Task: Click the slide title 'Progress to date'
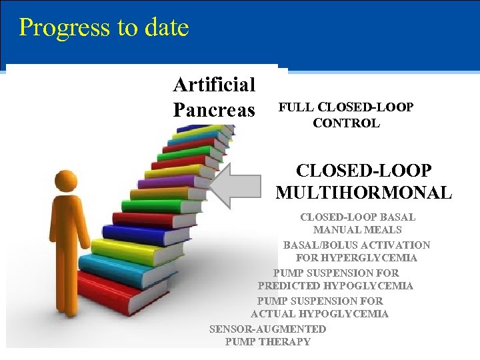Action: pos(104,27)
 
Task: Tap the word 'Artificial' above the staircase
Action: pos(214,85)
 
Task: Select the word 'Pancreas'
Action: pos(214,109)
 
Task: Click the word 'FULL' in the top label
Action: pos(297,107)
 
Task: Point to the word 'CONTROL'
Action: pos(346,123)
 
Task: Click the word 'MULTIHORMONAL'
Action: pos(363,193)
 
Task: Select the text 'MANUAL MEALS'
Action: pos(357,230)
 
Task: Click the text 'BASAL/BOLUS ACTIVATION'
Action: pos(357,245)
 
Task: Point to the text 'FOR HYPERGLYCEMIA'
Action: pos(357,258)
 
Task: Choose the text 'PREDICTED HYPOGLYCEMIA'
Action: pos(335,286)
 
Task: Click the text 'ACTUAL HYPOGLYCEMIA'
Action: pos(319,314)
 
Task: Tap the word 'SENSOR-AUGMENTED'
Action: pos(267,329)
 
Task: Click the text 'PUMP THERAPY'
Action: pos(267,342)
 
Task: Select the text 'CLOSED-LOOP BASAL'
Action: pos(357,217)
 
